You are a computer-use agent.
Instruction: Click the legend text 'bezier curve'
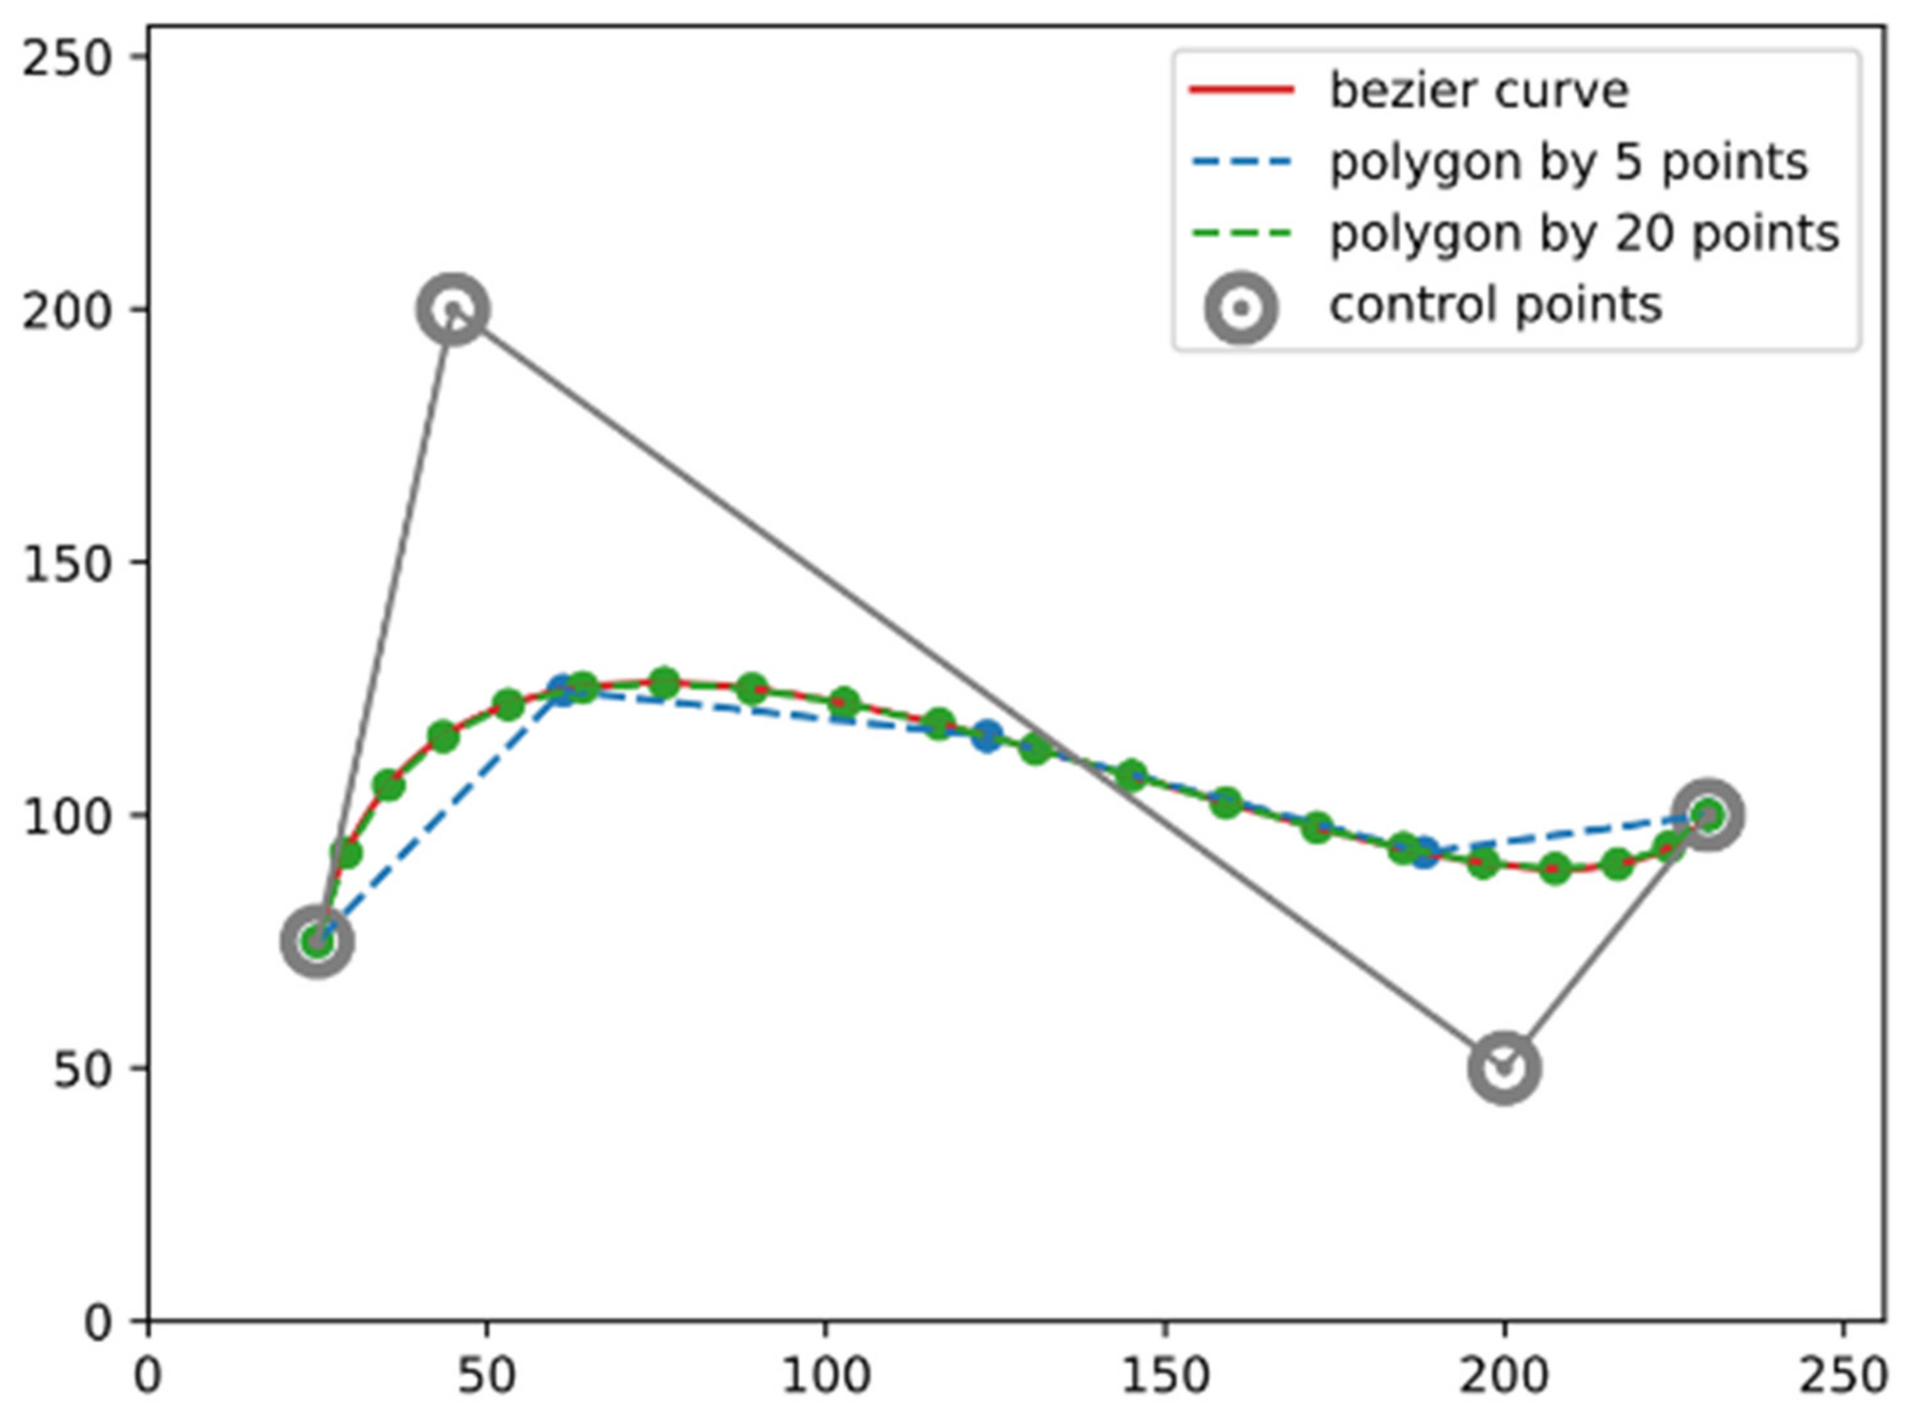tap(1478, 90)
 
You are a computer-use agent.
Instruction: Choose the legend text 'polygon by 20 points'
tap(1584, 233)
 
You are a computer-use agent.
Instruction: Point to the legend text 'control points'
tap(1495, 304)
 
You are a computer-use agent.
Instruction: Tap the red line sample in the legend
tap(1240, 90)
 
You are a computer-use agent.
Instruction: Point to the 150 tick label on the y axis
tap(68, 564)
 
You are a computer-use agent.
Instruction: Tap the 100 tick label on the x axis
tap(825, 1377)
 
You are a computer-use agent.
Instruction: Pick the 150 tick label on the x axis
tap(1164, 1377)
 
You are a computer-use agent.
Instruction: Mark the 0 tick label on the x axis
tap(149, 1377)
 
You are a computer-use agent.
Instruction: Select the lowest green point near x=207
tap(1555, 869)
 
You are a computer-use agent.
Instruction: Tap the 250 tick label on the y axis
tap(68, 60)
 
